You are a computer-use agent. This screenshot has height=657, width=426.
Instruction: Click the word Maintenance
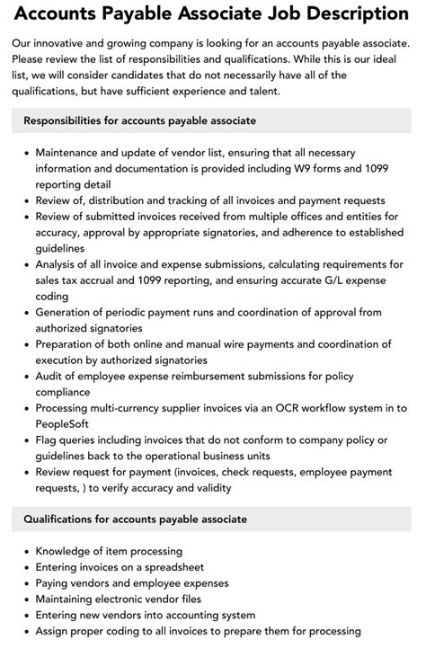75,153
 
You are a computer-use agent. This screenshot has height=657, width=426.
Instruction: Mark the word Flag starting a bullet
49,439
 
